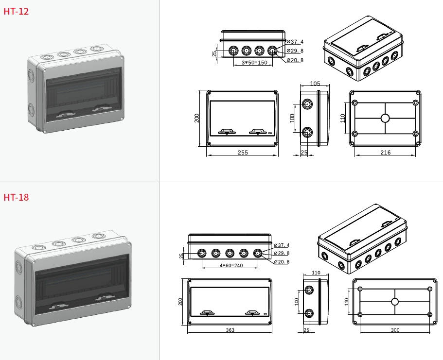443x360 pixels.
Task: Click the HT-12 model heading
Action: pyautogui.click(x=16, y=11)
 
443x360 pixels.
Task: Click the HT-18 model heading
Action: pyautogui.click(x=16, y=197)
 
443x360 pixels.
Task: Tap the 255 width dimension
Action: pyautogui.click(x=243, y=153)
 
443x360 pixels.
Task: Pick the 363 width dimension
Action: pyautogui.click(x=230, y=330)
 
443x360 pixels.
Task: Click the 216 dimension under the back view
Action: pyautogui.click(x=385, y=153)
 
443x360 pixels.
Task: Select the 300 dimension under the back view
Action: pyautogui.click(x=395, y=330)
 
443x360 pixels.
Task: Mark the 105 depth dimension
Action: pyautogui.click(x=315, y=84)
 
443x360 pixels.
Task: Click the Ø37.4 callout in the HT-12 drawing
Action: pyautogui.click(x=295, y=42)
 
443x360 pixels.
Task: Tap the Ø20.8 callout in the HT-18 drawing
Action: pyautogui.click(x=282, y=262)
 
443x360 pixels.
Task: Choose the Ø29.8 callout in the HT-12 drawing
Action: pyautogui.click(x=295, y=51)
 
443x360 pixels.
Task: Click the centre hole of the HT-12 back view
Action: pyautogui.click(x=385, y=118)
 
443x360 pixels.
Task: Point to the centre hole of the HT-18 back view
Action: pyautogui.click(x=394, y=302)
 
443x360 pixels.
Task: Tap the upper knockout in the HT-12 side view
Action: pyautogui.click(x=307, y=104)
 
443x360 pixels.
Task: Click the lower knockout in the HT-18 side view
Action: pyautogui.click(x=308, y=313)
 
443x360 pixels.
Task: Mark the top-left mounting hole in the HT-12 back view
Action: pyautogui.click(x=354, y=103)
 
